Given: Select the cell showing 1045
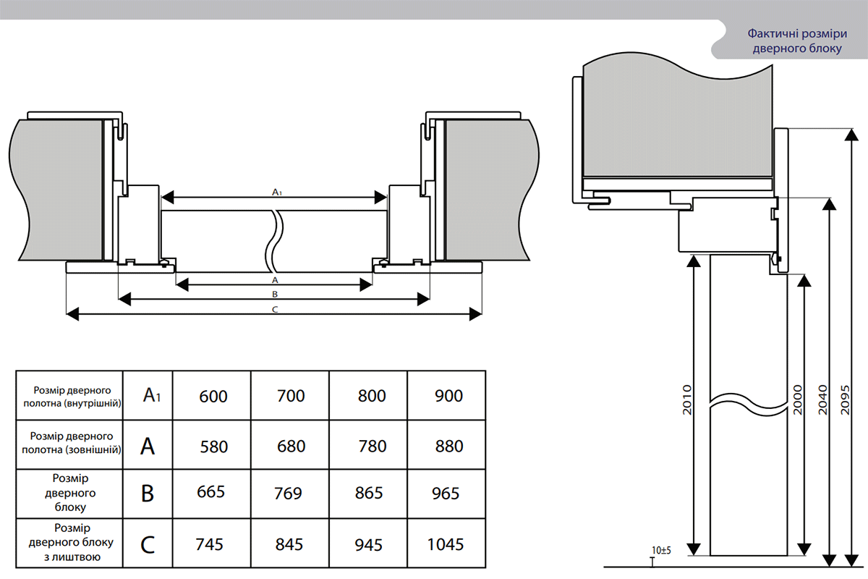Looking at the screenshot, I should click(x=445, y=544).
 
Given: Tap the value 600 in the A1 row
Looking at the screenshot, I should click(x=213, y=396).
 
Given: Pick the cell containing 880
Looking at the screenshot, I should click(x=449, y=447).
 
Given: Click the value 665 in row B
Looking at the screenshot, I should click(x=210, y=492).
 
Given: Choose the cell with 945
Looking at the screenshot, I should click(x=369, y=544).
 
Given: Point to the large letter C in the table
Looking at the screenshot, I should click(x=148, y=544).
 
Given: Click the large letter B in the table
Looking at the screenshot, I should click(x=148, y=494).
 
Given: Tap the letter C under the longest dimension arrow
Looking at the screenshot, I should click(x=274, y=310).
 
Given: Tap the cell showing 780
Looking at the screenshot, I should click(x=372, y=447).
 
